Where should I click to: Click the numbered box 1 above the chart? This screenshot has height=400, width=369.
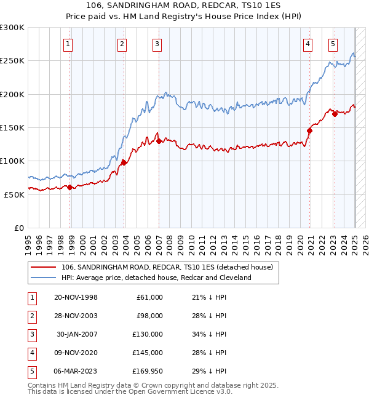tap(68, 44)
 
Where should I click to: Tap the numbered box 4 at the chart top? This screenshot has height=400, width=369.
tap(307, 44)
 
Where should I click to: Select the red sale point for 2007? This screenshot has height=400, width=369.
tap(159, 141)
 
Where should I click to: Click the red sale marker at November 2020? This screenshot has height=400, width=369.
tap(309, 130)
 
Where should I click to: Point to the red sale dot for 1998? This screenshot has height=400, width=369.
tap(70, 187)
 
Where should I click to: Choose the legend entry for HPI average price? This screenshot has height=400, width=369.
tap(156, 278)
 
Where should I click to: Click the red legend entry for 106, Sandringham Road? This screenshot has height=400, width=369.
tap(170, 267)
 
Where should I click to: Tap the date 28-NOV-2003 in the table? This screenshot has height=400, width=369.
tap(76, 316)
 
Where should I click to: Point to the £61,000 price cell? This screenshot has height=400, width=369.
tap(149, 297)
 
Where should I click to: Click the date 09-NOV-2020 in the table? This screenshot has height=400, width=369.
tap(76, 353)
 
